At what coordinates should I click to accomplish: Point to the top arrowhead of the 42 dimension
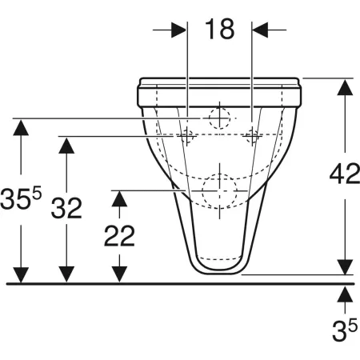click(x=345, y=86)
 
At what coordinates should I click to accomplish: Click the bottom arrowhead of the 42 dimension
click(x=345, y=266)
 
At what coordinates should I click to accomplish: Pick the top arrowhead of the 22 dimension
click(x=118, y=198)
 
